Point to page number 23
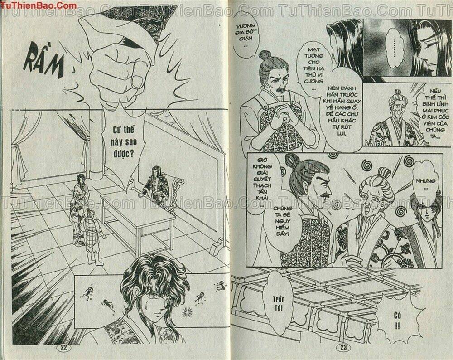(x=341, y=348)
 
